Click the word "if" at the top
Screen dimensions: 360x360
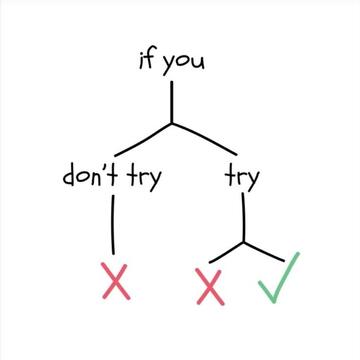147,60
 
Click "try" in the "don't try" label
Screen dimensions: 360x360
144,178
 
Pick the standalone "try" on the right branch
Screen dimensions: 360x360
242,178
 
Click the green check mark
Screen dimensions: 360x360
279,278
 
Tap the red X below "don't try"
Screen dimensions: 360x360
116,281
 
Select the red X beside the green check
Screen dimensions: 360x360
210,287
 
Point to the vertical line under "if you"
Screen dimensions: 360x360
172,102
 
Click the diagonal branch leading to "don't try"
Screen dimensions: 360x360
143,140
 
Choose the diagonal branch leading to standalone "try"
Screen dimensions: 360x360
204,139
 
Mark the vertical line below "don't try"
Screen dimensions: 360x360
113,225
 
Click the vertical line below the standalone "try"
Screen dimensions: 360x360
243,217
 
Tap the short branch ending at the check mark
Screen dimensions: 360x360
264,251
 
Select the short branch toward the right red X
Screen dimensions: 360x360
226,253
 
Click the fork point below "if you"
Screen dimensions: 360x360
172,123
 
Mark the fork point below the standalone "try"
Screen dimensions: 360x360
243,242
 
